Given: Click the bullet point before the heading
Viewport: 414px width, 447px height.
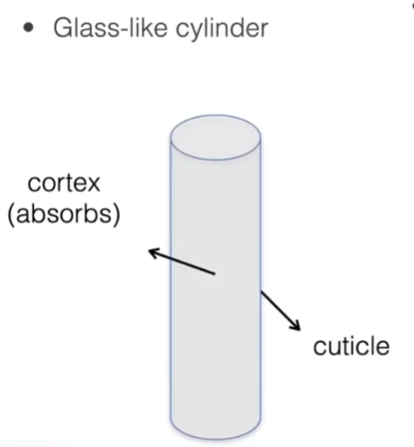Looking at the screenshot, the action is point(28,28).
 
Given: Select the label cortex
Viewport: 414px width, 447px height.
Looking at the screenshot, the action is point(64,184).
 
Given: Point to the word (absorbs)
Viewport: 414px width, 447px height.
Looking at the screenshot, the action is point(64,215).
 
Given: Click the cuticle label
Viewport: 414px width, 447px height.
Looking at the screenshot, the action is point(351,346).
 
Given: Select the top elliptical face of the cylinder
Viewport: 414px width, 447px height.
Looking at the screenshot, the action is point(215,137).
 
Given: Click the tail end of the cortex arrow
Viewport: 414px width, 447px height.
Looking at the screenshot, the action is point(214,273).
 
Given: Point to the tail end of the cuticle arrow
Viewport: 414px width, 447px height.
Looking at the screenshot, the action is point(261,291).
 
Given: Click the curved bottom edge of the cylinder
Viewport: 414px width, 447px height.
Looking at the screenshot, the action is point(215,438).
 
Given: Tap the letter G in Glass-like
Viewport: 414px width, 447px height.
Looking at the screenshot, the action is point(64,29).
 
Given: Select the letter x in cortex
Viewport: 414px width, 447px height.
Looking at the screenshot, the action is point(92,184).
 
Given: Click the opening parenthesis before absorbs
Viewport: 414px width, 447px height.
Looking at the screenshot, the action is point(11,215).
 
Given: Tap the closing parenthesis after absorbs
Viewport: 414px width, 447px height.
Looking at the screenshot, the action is point(117,215).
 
